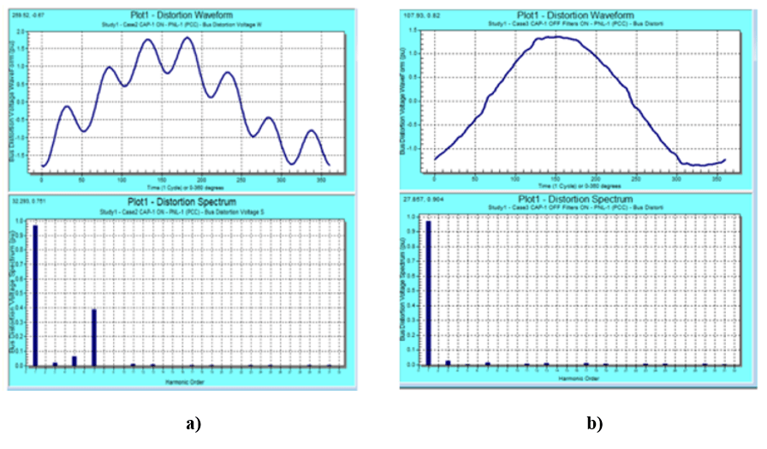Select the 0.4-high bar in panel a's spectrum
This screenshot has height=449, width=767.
(93, 338)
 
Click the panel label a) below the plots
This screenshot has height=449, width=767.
(192, 423)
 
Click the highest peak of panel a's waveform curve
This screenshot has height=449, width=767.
(187, 39)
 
